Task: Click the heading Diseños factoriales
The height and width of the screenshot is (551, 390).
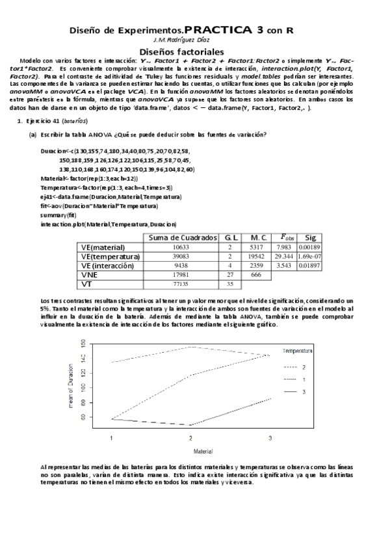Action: [182, 51]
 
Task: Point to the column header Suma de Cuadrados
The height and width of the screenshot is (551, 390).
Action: [182, 238]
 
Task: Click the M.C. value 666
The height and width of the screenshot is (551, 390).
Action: [255, 275]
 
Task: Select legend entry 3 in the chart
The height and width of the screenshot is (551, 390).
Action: [304, 392]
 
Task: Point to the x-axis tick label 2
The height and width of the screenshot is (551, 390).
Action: [191, 439]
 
